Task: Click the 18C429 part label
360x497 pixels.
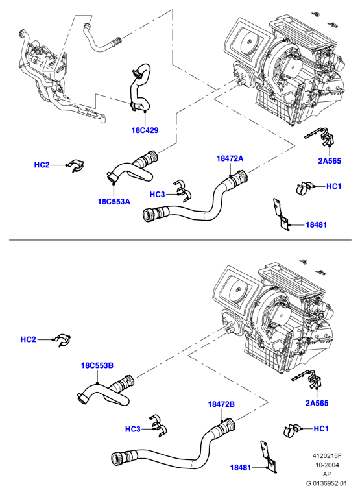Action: [x=145, y=130]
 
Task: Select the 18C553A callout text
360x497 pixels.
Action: [x=114, y=201]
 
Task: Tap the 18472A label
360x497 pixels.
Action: [x=230, y=158]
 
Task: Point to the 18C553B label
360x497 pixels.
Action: [x=97, y=365]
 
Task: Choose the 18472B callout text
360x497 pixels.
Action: [x=222, y=404]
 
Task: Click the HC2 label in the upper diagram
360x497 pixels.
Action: [x=42, y=165]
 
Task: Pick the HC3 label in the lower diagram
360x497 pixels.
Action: [x=133, y=429]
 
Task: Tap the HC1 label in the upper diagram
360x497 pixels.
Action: [x=334, y=186]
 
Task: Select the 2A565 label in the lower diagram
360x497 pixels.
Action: [x=317, y=403]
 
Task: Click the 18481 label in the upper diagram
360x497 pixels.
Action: [x=317, y=224]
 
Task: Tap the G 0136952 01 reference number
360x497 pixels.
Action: [x=326, y=483]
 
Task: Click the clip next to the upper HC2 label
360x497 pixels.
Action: [x=76, y=164]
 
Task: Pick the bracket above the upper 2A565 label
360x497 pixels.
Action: [x=320, y=138]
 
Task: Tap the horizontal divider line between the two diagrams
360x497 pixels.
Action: [x=180, y=240]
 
